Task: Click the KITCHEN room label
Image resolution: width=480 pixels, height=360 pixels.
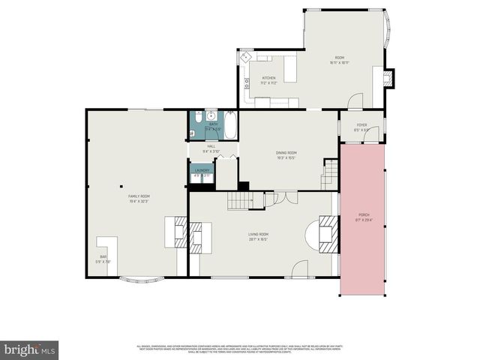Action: tap(268, 78)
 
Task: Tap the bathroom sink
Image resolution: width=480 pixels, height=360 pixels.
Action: tap(212, 116)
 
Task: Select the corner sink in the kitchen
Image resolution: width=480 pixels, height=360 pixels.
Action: tap(245, 58)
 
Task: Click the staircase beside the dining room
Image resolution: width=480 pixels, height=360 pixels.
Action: tap(330, 175)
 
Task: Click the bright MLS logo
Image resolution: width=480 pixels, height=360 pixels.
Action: tap(29, 349)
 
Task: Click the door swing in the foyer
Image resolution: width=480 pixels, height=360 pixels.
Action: tap(355, 100)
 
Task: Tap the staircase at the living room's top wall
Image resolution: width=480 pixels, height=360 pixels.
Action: tap(240, 200)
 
